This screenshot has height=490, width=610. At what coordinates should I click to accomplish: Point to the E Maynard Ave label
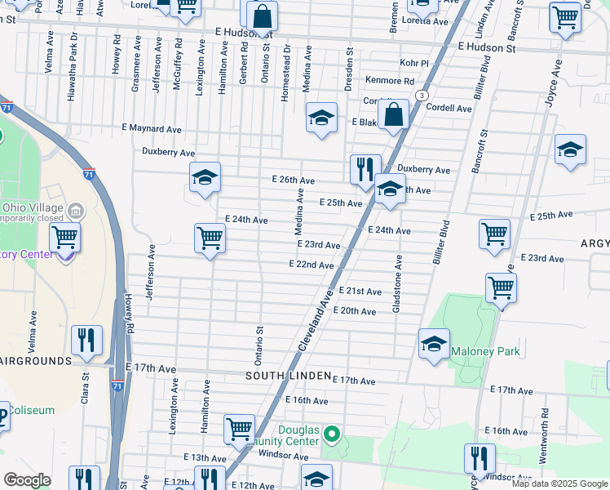(x=151, y=128)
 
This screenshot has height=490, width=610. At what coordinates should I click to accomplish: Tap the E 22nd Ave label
(x=311, y=265)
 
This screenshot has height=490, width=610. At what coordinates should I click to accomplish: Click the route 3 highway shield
(x=422, y=96)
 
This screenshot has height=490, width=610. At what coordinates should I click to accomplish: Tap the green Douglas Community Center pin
(x=331, y=432)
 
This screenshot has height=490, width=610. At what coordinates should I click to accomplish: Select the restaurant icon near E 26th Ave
(x=365, y=169)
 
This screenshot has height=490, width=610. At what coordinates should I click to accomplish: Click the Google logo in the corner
(x=27, y=480)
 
